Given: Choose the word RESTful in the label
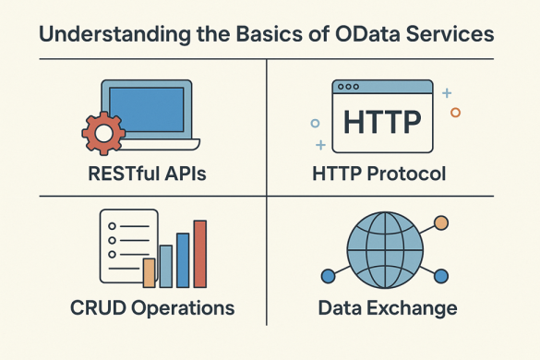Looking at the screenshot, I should click(x=119, y=173).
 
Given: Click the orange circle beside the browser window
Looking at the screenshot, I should click(x=454, y=113).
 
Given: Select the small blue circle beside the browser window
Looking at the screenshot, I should click(x=315, y=122).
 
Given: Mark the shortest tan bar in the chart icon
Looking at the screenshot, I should click(x=150, y=273).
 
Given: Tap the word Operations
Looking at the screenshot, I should click(x=180, y=307).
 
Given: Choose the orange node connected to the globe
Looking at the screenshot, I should click(x=440, y=222).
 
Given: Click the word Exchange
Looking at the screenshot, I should click(x=420, y=307).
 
